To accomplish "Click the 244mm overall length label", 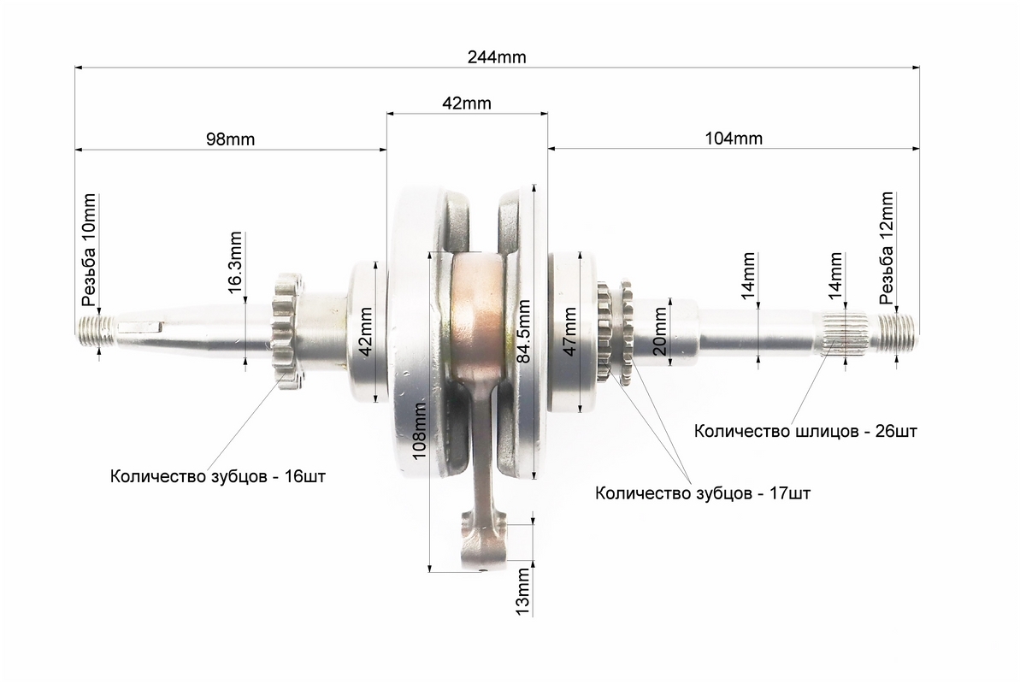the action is pyautogui.click(x=497, y=57).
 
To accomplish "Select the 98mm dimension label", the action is pyautogui.click(x=230, y=139).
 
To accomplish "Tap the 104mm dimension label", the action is pyautogui.click(x=734, y=139).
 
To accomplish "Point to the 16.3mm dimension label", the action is pyautogui.click(x=235, y=262).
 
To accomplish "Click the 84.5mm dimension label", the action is pyautogui.click(x=523, y=331).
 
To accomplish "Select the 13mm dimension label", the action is pyautogui.click(x=522, y=592).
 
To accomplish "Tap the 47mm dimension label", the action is pyautogui.click(x=569, y=331).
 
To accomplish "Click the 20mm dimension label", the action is pyautogui.click(x=659, y=331).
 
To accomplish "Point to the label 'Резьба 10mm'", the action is pyautogui.click(x=89, y=250).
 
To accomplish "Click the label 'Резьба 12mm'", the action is pyautogui.click(x=886, y=249).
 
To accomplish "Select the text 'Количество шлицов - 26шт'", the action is pyautogui.click(x=805, y=432).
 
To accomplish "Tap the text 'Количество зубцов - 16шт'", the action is pyautogui.click(x=218, y=476).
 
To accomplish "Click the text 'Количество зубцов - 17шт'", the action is pyautogui.click(x=703, y=493).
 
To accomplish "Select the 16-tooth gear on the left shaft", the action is pyautogui.click(x=287, y=331).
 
